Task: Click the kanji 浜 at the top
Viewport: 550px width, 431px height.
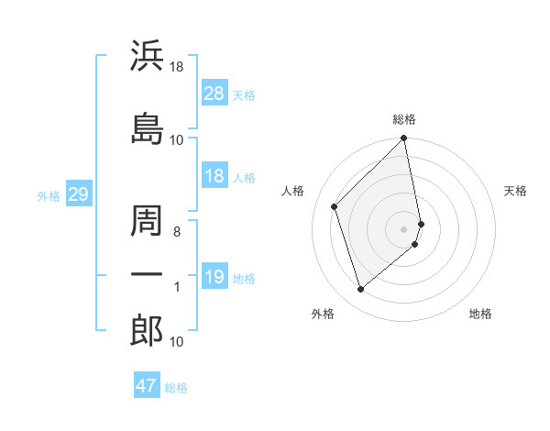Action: (x=147, y=54)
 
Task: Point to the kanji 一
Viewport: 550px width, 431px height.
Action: (x=147, y=274)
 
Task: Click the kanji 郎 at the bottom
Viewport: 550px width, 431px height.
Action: (x=147, y=331)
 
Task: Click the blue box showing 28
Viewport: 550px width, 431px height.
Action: (x=214, y=94)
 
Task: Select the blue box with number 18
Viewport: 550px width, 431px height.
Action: (x=214, y=176)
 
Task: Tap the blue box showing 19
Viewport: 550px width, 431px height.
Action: (x=214, y=277)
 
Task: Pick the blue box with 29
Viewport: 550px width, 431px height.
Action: (x=78, y=194)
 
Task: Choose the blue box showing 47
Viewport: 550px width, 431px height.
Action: (x=147, y=386)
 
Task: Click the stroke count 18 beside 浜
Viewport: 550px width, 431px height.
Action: (x=177, y=67)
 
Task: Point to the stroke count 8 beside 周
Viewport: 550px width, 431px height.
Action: (x=177, y=232)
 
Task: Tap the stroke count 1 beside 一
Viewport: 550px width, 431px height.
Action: (x=177, y=287)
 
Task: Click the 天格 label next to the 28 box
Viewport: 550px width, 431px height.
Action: (x=243, y=94)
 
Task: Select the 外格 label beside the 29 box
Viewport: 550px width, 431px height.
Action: (x=48, y=195)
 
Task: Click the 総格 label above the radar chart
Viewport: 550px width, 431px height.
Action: (x=404, y=119)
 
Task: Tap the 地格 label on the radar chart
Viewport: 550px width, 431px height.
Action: (x=480, y=314)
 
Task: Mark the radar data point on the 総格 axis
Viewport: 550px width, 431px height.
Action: (x=404, y=139)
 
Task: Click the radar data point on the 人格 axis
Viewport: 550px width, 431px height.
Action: (x=335, y=206)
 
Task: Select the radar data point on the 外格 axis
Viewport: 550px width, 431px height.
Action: (x=360, y=290)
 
